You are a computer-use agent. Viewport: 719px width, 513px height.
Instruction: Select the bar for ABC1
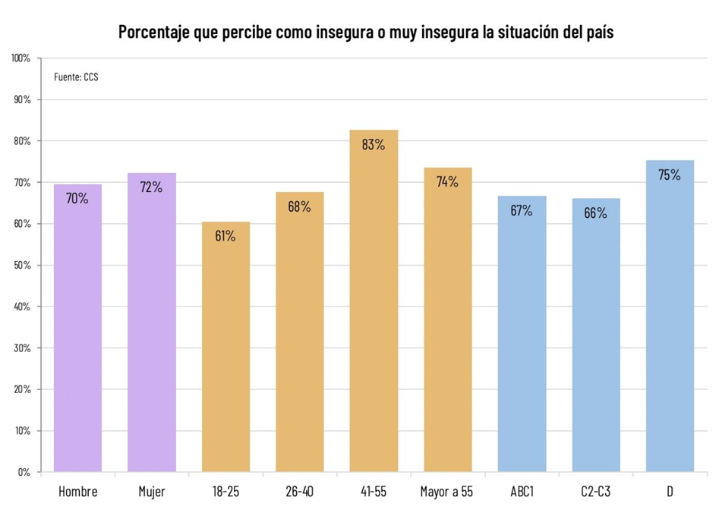coord(522,334)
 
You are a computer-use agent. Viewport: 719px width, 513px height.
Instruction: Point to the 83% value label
coord(374,144)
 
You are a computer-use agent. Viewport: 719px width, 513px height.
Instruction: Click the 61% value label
coord(225,236)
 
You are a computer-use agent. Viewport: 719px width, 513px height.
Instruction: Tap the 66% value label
coord(596,213)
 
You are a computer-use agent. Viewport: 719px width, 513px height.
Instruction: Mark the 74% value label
coord(447,182)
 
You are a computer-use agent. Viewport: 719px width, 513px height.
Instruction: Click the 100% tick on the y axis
coord(21,58)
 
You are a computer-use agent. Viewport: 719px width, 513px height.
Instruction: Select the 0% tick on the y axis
coord(24,472)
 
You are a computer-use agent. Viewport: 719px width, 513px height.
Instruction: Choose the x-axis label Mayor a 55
coord(447,492)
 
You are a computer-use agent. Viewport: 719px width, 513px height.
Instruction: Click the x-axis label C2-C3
coord(596,492)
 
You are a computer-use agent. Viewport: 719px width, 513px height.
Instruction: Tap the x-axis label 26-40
coord(299,492)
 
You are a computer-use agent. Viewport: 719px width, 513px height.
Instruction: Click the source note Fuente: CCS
coord(76,77)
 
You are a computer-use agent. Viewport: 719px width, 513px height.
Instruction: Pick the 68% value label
coord(299,206)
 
